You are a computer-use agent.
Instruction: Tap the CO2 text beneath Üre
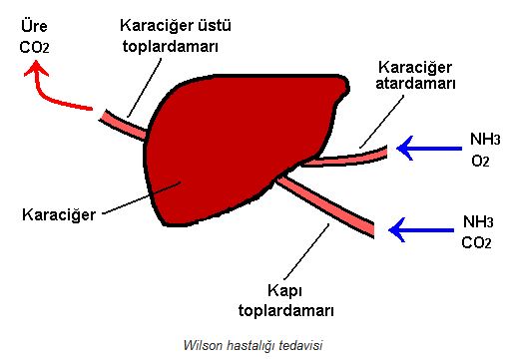[34, 45]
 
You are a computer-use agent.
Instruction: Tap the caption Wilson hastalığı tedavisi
[253, 345]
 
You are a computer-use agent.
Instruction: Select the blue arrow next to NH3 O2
[425, 149]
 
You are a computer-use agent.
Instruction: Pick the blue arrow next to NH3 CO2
[420, 230]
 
